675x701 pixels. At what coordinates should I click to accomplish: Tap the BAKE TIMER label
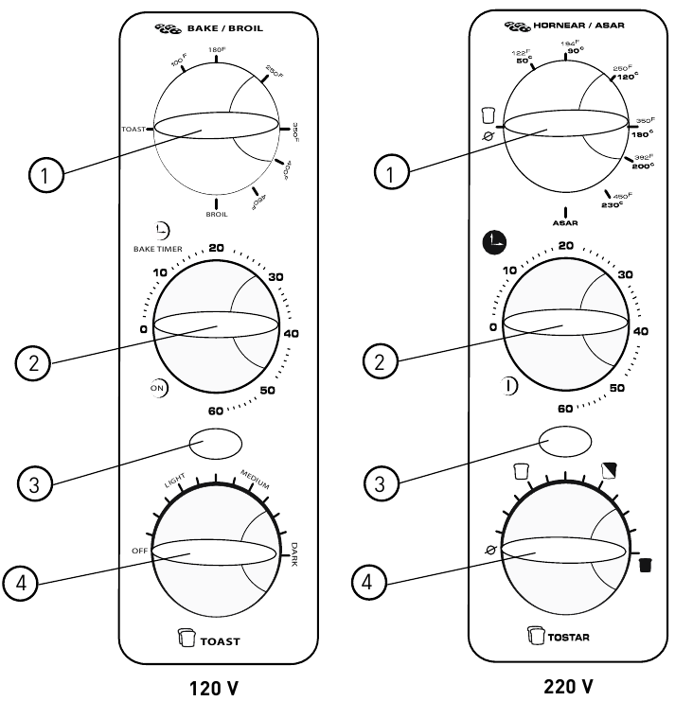(157, 250)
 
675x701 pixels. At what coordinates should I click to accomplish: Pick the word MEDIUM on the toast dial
(255, 479)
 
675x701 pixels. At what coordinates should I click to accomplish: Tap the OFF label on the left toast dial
(140, 551)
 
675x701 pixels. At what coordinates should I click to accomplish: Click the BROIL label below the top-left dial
(217, 216)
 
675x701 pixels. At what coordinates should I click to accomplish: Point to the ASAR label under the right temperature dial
(565, 223)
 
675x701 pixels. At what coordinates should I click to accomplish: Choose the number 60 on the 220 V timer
(565, 409)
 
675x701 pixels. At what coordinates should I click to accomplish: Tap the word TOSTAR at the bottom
(566, 637)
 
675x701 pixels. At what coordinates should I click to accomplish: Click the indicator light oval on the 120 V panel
(216, 444)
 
